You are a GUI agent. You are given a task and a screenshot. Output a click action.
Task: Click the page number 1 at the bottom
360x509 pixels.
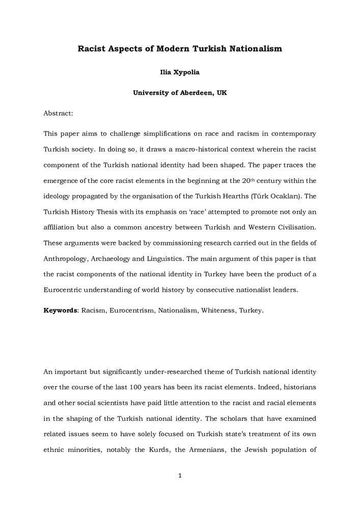coord(180,476)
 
